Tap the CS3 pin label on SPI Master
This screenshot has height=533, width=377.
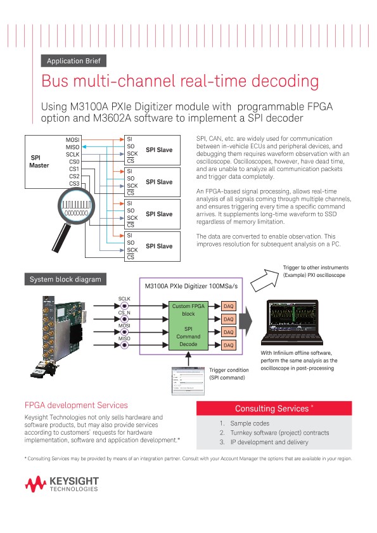tap(74, 184)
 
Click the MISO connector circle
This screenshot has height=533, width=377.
tap(125, 345)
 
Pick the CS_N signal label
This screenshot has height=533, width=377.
tap(125, 312)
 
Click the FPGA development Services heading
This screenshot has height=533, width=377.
tap(76, 405)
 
